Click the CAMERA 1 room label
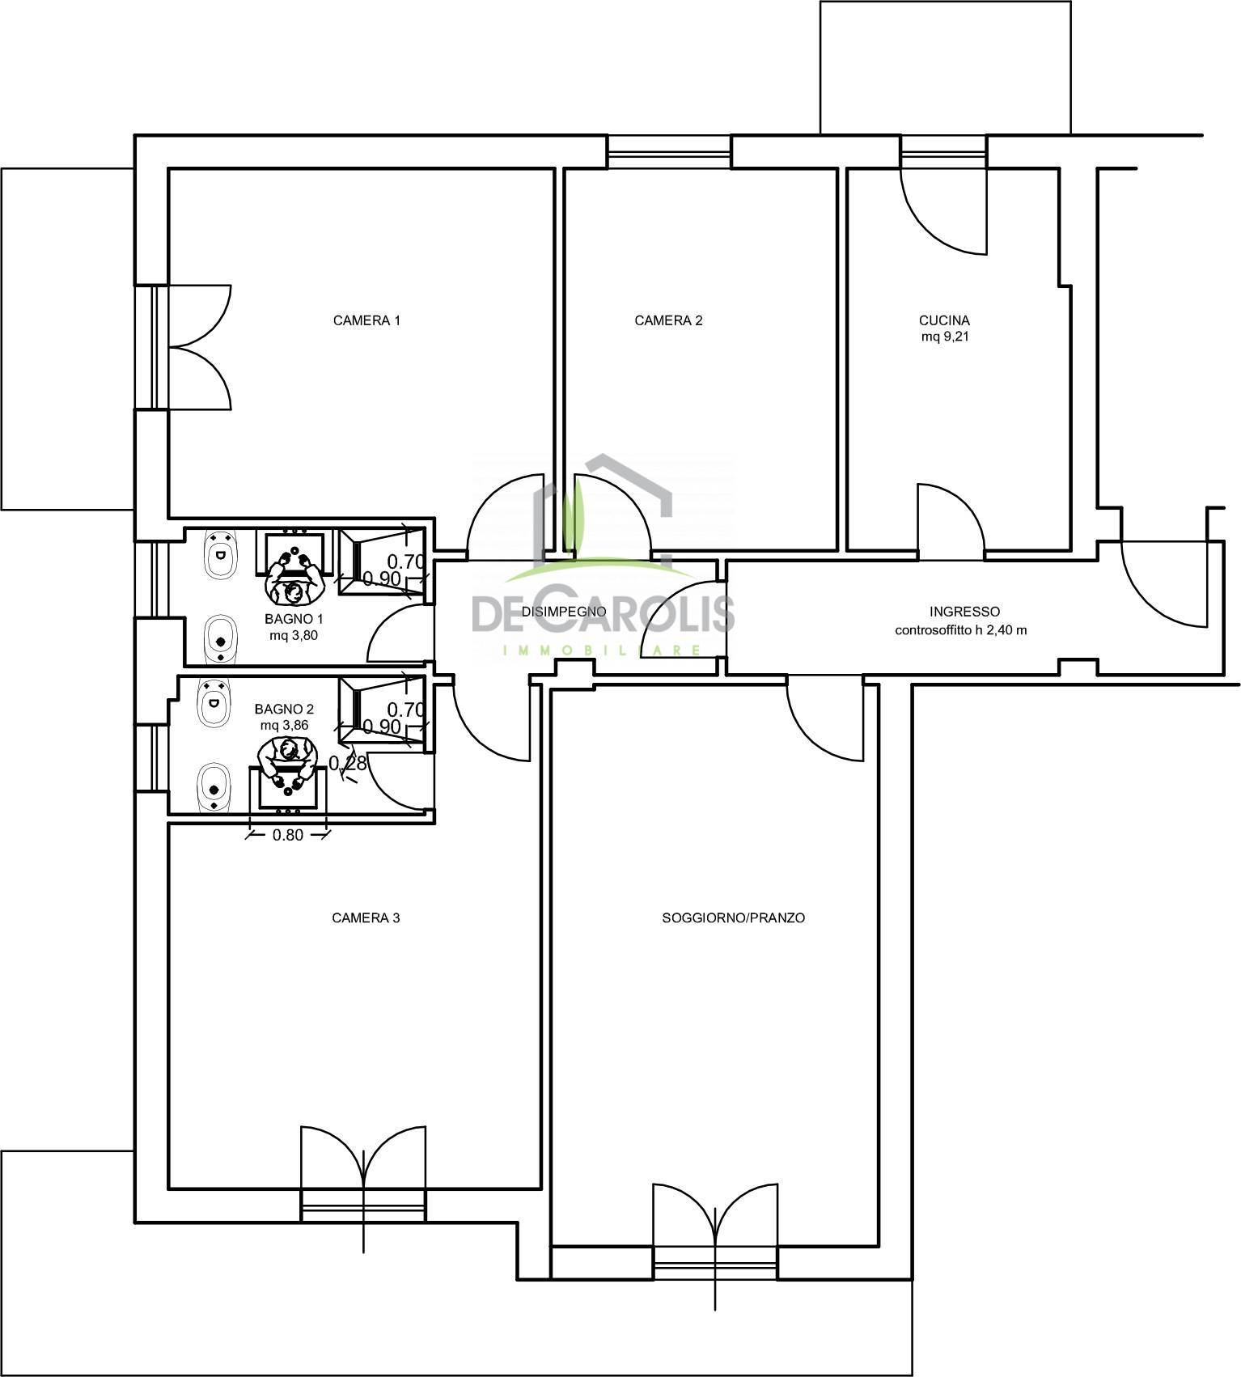point(366,320)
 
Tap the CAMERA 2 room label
point(668,320)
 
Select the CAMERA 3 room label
point(366,918)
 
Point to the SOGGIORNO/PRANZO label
point(733,918)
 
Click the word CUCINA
point(944,320)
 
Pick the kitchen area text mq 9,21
point(945,337)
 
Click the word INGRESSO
point(964,612)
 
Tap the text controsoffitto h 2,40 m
point(961,629)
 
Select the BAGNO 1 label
point(294,619)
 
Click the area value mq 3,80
point(294,635)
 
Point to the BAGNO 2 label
point(284,710)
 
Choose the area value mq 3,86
point(284,726)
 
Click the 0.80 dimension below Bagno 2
point(287,835)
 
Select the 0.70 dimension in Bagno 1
point(406,561)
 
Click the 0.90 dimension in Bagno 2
point(382,727)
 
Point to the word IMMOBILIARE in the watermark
point(603,650)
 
